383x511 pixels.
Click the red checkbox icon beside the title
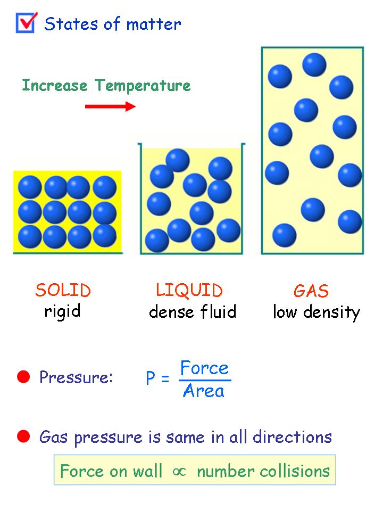coord(26,22)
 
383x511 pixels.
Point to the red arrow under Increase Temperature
coord(111,106)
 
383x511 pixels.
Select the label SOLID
coord(63,290)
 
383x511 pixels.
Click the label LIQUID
coord(189,290)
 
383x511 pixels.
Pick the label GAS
coord(311,291)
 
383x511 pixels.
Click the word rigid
coord(62,311)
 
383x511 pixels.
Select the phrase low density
coord(317,312)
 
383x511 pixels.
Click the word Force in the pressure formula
coord(204,368)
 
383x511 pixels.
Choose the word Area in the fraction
coord(203,391)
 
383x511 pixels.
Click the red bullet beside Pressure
coord(23,377)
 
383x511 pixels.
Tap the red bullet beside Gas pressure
coord(23,437)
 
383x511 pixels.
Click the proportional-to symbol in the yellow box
coord(179,471)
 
